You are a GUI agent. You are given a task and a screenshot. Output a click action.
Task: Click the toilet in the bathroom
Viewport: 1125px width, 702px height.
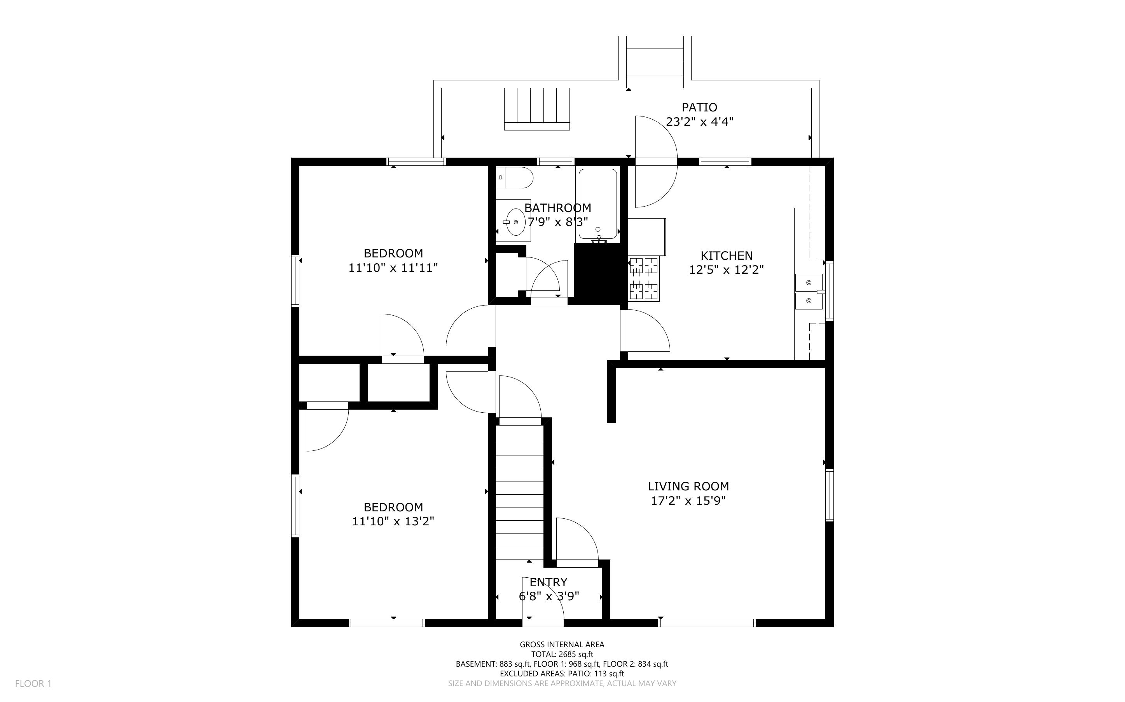(x=514, y=177)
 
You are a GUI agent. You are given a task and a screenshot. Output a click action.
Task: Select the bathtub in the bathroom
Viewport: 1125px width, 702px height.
(x=598, y=205)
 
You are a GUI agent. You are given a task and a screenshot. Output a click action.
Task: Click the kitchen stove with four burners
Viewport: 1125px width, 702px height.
(x=644, y=278)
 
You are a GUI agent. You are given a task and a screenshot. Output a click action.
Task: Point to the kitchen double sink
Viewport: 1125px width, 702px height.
(x=809, y=292)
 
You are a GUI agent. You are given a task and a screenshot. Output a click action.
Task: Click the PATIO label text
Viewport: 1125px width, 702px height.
(x=699, y=107)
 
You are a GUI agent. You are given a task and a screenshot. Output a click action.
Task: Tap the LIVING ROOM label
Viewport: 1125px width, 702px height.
(x=688, y=486)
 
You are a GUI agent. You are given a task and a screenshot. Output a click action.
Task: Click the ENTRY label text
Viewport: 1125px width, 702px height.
(x=549, y=582)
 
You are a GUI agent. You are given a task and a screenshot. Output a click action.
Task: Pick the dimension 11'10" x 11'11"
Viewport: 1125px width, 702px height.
(x=393, y=268)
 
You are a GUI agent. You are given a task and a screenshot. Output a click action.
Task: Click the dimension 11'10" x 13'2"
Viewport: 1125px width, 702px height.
(x=393, y=521)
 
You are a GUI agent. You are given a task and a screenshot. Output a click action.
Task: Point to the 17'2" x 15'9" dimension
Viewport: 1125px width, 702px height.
(x=688, y=500)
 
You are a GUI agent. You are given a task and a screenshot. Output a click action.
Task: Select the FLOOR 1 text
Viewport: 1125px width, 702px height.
(x=33, y=683)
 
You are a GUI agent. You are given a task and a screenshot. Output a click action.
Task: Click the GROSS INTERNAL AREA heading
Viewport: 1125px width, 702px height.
(x=562, y=645)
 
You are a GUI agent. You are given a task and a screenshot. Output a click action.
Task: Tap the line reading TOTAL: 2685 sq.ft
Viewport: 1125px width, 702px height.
(x=562, y=654)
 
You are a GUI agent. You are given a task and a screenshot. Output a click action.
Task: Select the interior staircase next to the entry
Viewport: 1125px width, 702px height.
(x=519, y=492)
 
